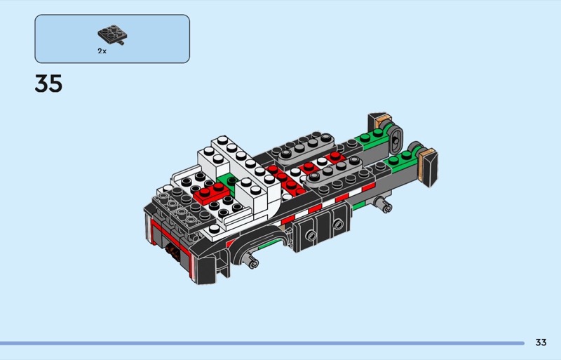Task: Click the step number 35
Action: click(x=48, y=84)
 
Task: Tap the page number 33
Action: click(x=541, y=342)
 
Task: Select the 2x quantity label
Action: click(x=102, y=51)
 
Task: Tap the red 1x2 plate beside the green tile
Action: click(x=212, y=194)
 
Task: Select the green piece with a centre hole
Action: click(x=229, y=182)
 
